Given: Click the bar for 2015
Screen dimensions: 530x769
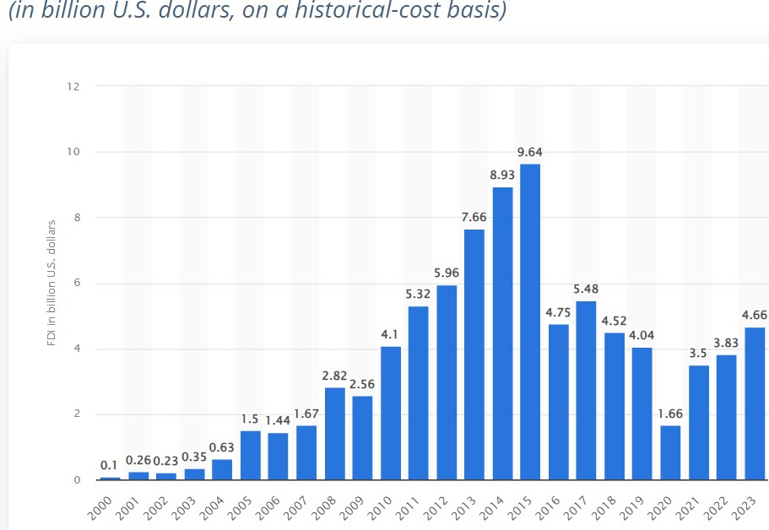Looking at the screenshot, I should [530, 322].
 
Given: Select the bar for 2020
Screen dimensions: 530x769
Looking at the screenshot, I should [670, 452].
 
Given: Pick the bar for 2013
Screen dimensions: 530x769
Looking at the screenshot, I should [474, 354].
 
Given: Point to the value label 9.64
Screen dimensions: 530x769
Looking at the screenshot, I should [530, 152].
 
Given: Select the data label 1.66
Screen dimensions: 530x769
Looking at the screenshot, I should [670, 414].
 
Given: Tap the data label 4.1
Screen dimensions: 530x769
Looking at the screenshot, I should [390, 333].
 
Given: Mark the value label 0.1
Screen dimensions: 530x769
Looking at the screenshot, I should [110, 465].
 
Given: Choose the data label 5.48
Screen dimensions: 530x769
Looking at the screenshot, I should [586, 289].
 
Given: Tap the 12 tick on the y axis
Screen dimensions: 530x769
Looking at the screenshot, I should [75, 86].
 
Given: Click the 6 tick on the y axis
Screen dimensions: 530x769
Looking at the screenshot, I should [78, 283].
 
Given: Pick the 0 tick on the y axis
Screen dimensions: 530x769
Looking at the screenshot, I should [78, 479].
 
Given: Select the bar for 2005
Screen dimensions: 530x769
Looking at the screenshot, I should [251, 455].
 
